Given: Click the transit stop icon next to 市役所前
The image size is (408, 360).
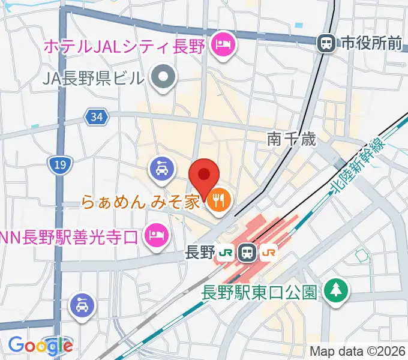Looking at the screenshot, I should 326,43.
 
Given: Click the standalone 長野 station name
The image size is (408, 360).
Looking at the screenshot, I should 200,253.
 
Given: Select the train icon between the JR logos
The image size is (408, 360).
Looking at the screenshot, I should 246,253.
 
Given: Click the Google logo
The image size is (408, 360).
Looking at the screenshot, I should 40,345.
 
